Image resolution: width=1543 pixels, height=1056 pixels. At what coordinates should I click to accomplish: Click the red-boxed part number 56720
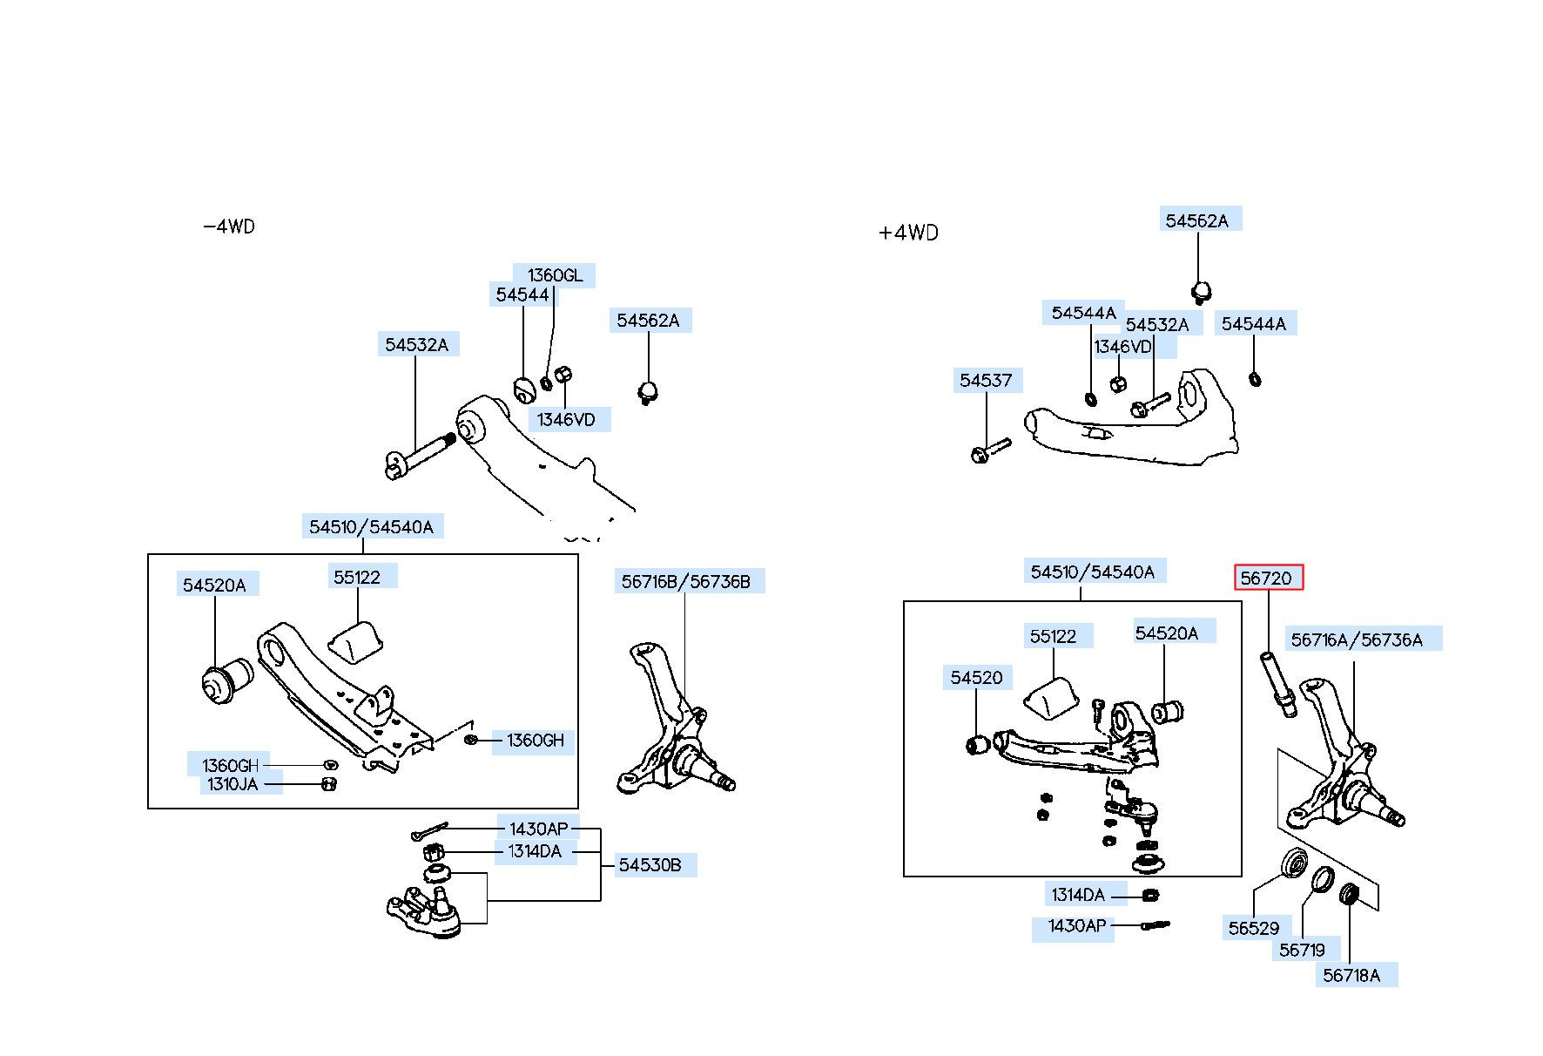tap(1269, 578)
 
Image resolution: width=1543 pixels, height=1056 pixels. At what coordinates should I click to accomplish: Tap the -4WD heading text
tap(229, 227)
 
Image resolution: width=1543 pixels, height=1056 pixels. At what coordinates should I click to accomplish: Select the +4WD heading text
tap(909, 233)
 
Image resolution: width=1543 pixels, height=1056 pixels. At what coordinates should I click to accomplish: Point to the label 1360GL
tap(555, 275)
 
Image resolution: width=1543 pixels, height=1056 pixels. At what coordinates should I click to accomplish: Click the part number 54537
tap(986, 380)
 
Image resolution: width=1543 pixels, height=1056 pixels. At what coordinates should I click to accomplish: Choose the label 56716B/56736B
tap(685, 581)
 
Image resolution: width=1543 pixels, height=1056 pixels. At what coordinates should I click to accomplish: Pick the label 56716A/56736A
tap(1357, 640)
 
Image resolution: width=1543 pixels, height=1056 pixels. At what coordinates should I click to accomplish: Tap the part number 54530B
tap(650, 865)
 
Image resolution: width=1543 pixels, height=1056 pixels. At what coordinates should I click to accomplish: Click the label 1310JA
tap(232, 784)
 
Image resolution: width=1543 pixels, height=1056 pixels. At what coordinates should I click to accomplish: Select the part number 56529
tap(1254, 928)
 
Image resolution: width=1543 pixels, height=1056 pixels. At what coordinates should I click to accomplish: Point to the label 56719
tap(1302, 950)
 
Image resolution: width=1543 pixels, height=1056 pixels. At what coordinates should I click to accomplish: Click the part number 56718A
tap(1351, 975)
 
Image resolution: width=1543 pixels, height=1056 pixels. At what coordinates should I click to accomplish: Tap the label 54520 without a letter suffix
tap(976, 677)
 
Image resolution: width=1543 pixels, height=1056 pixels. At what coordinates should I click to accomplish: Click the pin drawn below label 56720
tap(1277, 684)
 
